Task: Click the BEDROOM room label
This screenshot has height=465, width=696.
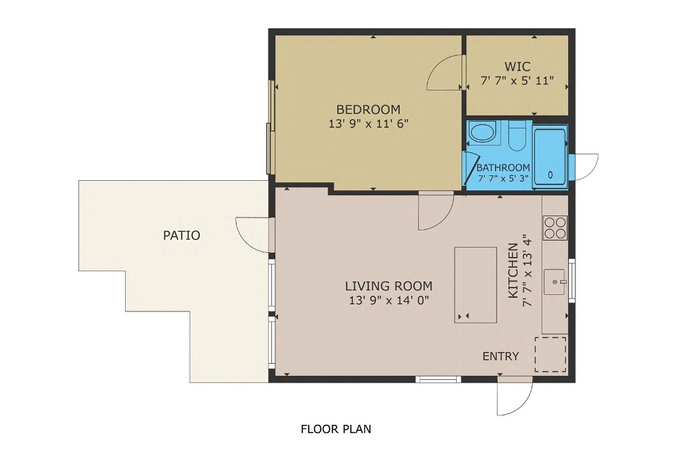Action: (368, 109)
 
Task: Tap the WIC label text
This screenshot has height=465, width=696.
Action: (517, 67)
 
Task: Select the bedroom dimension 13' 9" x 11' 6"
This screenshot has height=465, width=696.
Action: (368, 124)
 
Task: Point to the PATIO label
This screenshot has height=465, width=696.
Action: (181, 235)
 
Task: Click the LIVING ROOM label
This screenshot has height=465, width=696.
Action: (389, 286)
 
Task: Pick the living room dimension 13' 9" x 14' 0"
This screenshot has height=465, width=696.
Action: (389, 300)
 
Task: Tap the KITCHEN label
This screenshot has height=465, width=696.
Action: (512, 271)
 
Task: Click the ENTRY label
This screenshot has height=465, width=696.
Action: (501, 356)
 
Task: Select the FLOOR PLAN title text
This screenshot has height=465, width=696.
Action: (336, 429)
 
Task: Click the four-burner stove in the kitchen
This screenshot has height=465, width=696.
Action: (555, 228)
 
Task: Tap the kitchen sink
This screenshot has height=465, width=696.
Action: (555, 281)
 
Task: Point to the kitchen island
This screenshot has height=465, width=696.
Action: (475, 285)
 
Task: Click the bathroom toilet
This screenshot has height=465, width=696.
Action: (517, 135)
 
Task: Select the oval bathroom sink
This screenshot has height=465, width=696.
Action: (483, 132)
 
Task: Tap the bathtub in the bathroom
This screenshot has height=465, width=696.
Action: (550, 156)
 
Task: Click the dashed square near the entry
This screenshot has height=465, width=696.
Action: (551, 354)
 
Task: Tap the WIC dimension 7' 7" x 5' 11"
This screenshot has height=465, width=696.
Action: (517, 81)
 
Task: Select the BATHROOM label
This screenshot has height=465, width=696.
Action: (503, 168)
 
